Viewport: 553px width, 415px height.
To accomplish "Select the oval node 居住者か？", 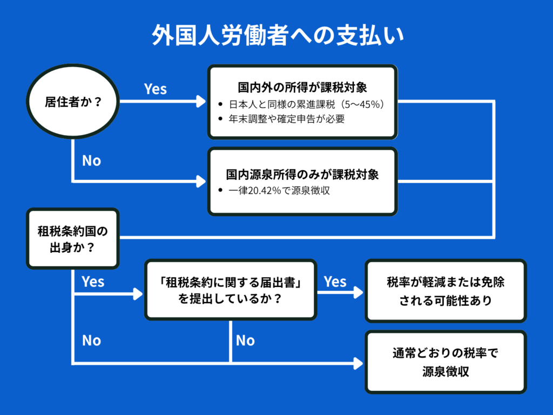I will tap(73, 102).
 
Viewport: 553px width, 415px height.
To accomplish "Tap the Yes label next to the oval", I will tap(156, 89).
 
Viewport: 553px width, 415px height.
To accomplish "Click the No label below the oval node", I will tap(91, 160).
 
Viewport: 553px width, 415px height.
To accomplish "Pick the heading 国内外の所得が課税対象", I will tap(302, 87).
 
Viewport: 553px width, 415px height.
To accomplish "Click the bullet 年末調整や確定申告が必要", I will tap(286, 119).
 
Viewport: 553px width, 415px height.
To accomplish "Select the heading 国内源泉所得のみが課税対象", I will tap(302, 175).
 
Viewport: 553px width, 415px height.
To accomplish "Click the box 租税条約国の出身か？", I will tap(73, 239).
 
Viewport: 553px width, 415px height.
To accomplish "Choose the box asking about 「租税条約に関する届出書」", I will tap(231, 290).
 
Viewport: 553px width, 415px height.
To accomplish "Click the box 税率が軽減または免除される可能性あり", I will tap(446, 291).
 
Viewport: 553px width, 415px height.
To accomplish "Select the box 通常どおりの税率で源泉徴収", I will tap(446, 362).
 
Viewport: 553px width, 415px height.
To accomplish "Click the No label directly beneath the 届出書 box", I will tap(245, 340).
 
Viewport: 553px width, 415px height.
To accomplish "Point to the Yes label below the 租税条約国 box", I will tap(93, 282).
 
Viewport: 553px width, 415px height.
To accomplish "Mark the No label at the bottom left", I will tap(91, 340).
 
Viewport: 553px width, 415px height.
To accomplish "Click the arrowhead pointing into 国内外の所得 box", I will tap(201, 102).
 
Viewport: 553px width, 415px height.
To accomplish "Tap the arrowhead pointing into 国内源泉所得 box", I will tap(201, 181).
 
